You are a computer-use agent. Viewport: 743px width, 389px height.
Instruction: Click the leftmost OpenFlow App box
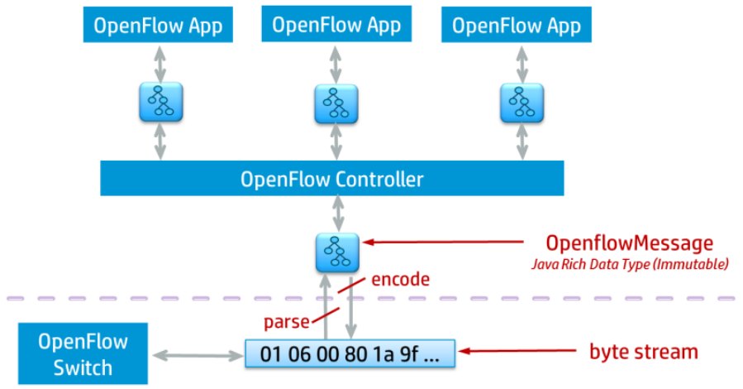pos(158,25)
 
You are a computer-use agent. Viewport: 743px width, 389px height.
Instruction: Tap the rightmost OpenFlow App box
pos(515,25)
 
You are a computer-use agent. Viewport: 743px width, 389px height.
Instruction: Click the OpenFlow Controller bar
pos(331,179)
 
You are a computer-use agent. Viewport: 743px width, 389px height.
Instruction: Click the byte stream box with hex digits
pos(350,353)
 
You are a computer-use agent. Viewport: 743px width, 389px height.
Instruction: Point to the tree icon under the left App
pos(159,102)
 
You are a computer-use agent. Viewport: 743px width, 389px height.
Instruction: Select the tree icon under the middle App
pos(336,103)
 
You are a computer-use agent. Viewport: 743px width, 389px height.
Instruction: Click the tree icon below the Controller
pos(338,253)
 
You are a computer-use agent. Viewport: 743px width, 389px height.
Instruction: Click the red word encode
pos(400,280)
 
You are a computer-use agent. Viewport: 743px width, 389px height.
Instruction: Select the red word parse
pos(286,322)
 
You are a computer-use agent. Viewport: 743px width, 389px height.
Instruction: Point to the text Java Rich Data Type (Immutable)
pos(629,265)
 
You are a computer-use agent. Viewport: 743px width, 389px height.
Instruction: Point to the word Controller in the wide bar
pos(381,179)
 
